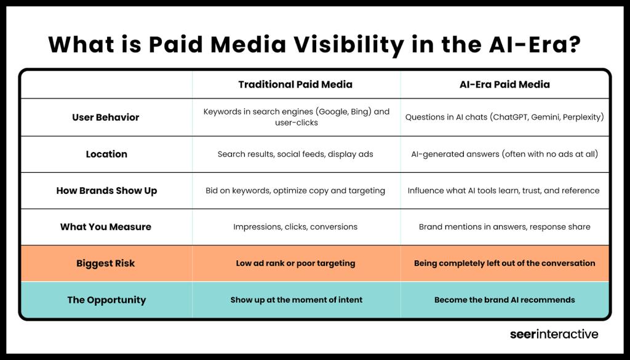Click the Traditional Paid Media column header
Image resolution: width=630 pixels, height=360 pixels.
pos(295,84)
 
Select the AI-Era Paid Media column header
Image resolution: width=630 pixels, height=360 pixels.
pos(504,84)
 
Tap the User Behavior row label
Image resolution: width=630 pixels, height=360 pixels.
pos(106,118)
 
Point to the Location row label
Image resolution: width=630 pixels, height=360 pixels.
pos(106,154)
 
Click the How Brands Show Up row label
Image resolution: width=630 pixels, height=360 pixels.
pos(106,191)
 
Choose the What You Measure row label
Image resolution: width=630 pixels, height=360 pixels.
pos(106,227)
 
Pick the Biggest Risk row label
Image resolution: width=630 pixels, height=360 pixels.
pos(106,263)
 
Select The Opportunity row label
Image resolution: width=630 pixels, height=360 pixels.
pos(106,300)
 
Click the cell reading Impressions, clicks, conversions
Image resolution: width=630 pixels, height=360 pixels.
pos(295,227)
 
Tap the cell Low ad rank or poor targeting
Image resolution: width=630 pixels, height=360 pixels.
pos(295,263)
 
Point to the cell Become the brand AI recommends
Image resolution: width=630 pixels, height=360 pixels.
pos(504,300)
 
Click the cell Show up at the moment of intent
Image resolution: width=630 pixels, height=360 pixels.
pos(296,300)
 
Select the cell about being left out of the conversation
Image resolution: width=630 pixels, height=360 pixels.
pos(504,263)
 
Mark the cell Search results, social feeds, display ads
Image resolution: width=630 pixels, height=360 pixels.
pos(295,154)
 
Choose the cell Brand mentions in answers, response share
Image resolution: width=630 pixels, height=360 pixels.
pos(504,227)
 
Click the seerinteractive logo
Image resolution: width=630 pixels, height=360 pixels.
pos(554,335)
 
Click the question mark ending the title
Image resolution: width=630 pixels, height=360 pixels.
pos(574,44)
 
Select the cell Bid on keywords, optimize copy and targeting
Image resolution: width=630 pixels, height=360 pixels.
pos(295,191)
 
